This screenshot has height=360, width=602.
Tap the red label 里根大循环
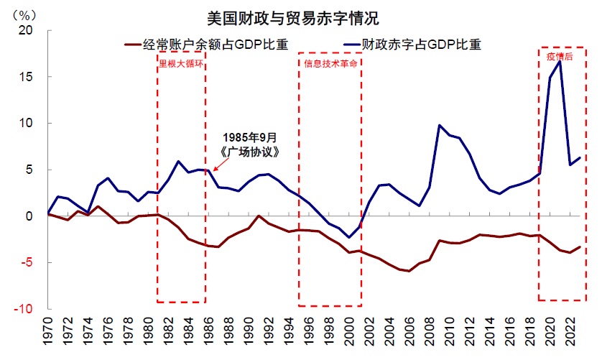(x=182, y=63)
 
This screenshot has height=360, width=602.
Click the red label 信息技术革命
(x=329, y=63)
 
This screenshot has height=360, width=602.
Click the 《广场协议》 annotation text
(x=249, y=152)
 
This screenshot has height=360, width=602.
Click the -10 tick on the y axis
(x=24, y=309)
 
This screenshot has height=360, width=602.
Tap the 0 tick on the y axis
(x=30, y=216)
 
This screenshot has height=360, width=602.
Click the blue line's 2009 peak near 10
(x=439, y=125)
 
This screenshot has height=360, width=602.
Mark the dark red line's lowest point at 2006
(x=409, y=271)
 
